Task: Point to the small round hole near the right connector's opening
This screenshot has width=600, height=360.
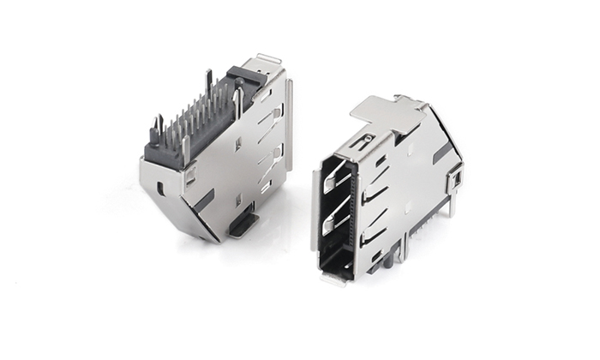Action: pyautogui.click(x=368, y=138)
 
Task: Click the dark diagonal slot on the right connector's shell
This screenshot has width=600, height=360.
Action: pyautogui.click(x=442, y=152)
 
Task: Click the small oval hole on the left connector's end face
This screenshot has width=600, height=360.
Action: pyautogui.click(x=160, y=186)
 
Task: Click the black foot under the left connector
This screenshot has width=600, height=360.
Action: pyautogui.click(x=243, y=224)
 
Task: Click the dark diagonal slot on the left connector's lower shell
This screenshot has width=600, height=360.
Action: pyautogui.click(x=203, y=201)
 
